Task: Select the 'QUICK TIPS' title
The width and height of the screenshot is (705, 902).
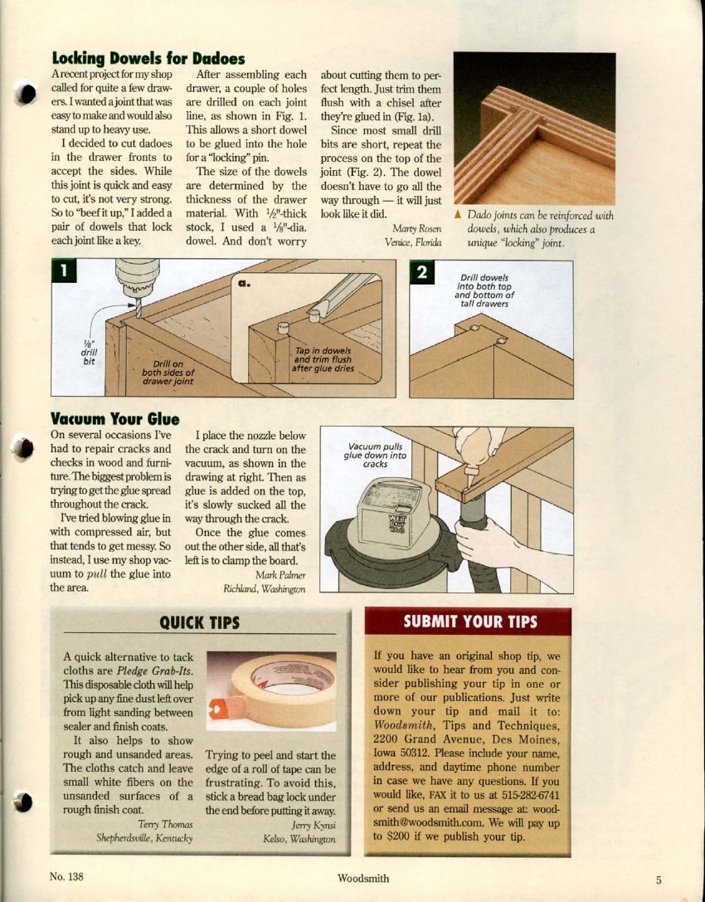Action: pos(199,622)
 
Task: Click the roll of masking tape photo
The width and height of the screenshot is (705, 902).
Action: pos(272,690)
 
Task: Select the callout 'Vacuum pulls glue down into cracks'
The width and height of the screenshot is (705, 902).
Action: pos(376,455)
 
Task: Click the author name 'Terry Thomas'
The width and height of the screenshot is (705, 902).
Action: pos(165,824)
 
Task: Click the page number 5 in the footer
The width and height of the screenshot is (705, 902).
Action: pos(658,880)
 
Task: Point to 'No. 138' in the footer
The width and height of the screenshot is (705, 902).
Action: pos(68,877)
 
